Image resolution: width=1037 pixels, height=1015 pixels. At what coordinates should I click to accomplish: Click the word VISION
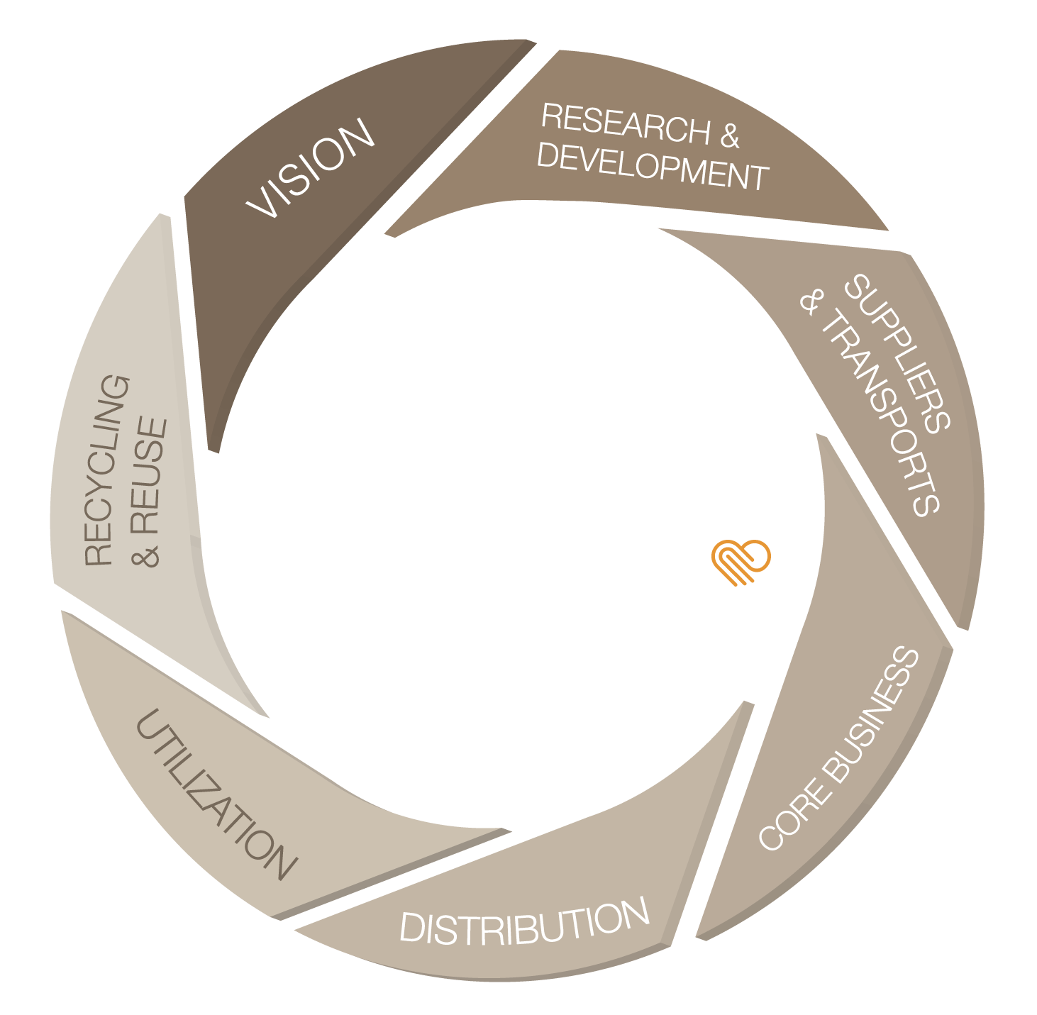pyautogui.click(x=310, y=168)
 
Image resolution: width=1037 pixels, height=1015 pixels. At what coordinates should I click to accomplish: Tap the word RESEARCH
pyautogui.click(x=626, y=124)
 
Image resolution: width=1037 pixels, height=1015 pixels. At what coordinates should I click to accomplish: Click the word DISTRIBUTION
pyautogui.click(x=524, y=921)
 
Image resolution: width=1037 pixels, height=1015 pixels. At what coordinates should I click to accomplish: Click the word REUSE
pyautogui.click(x=148, y=476)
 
